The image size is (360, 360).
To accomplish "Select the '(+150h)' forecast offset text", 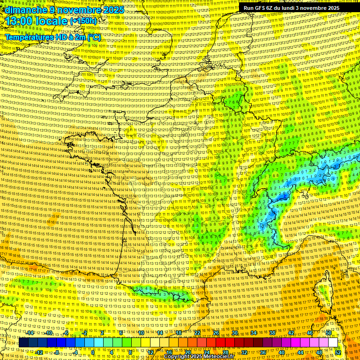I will (83, 21).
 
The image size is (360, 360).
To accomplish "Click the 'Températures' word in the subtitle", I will (28, 37).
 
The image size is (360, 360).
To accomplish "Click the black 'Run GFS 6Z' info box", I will (291, 8).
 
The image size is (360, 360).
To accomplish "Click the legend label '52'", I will (338, 352).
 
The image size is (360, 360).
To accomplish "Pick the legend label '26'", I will (216, 333).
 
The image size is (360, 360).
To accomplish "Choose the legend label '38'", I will (272, 333).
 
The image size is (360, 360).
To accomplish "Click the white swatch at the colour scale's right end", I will (333, 343).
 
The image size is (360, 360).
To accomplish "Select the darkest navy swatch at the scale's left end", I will (24, 343).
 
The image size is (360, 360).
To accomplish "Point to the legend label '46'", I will (310, 333).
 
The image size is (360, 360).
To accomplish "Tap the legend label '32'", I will (244, 352).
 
